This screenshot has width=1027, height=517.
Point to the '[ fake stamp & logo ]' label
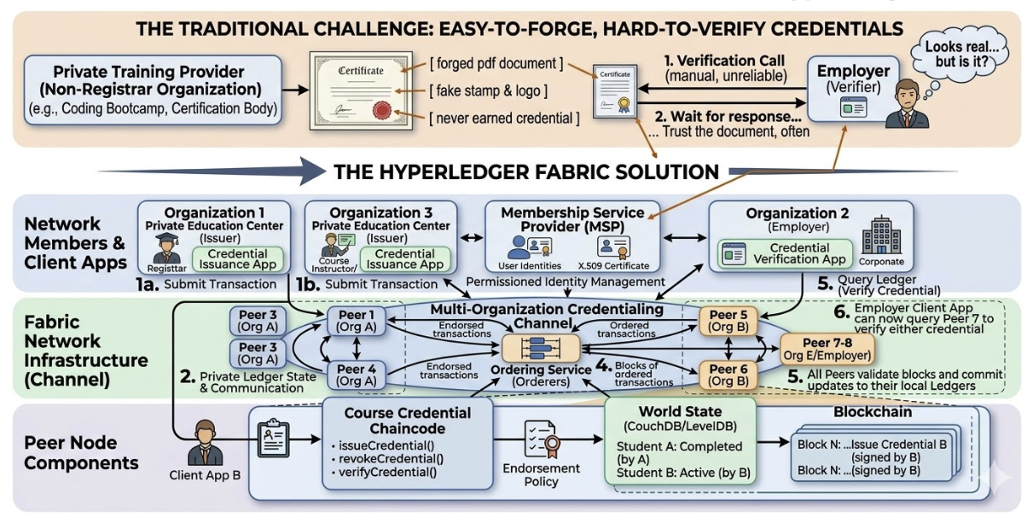click(x=488, y=90)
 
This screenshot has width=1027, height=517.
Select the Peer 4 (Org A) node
click(x=351, y=375)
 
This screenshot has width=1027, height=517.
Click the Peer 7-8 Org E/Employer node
click(x=826, y=348)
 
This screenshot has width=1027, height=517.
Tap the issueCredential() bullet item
click(x=374, y=445)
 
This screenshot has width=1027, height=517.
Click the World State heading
click(x=668, y=412)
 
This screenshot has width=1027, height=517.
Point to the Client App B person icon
click(x=205, y=440)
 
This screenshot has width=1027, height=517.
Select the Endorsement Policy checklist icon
click(x=542, y=437)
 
